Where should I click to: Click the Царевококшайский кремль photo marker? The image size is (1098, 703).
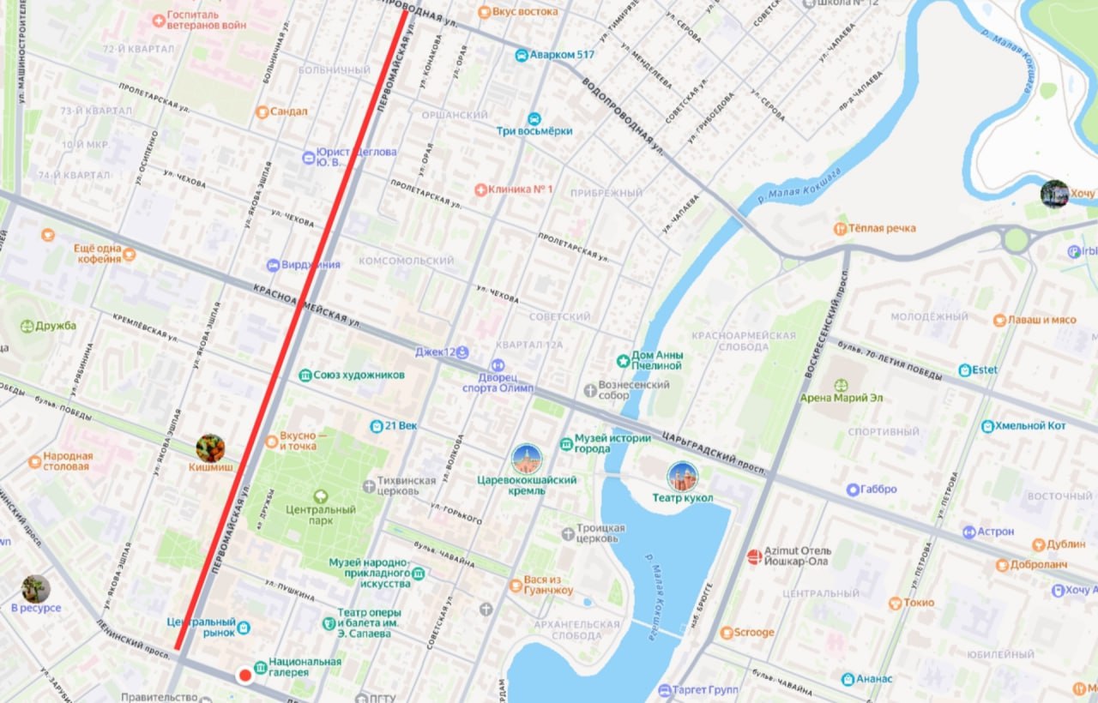pyautogui.click(x=527, y=460)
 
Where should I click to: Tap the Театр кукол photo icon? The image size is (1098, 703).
pyautogui.click(x=683, y=477)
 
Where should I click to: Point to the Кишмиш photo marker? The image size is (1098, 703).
pyautogui.click(x=210, y=448)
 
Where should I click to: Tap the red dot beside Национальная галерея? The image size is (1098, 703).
pyautogui.click(x=244, y=675)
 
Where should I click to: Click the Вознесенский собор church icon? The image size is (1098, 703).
pyautogui.click(x=589, y=391)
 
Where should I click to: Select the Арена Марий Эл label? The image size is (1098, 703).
pyautogui.click(x=841, y=398)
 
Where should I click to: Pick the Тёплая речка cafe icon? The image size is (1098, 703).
pyautogui.click(x=840, y=229)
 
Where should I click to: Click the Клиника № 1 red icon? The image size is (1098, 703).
pyautogui.click(x=480, y=189)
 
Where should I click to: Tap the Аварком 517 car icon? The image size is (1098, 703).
pyautogui.click(x=521, y=55)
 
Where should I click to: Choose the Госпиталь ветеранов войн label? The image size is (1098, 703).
pyautogui.click(x=207, y=20)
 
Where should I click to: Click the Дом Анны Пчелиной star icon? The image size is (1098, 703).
pyautogui.click(x=624, y=361)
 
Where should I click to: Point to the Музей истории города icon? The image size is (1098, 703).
pyautogui.click(x=566, y=443)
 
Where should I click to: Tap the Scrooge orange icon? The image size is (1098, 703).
pyautogui.click(x=727, y=633)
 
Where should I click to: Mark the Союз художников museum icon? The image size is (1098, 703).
pyautogui.click(x=305, y=376)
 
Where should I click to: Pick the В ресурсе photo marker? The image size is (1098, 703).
pyautogui.click(x=36, y=589)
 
